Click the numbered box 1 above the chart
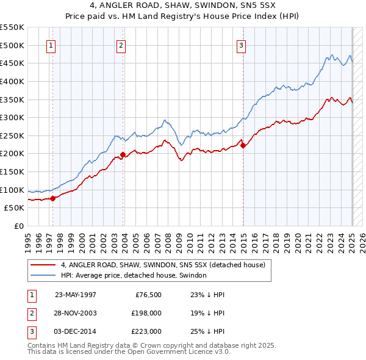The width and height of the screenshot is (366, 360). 51,45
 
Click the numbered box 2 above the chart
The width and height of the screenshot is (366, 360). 121,45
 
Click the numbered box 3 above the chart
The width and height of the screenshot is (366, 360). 241,45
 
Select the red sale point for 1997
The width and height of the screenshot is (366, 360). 52,198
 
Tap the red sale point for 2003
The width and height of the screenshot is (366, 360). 123,154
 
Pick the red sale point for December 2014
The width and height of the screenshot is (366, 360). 243,145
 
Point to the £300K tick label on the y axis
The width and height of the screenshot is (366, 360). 12,117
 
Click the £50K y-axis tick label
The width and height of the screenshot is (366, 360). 14,207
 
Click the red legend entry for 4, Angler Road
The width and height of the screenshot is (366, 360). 162,265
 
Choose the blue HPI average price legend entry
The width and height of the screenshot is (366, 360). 134,276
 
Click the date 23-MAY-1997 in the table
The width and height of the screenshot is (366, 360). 76,295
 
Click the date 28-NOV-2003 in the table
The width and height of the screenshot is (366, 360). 76,313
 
